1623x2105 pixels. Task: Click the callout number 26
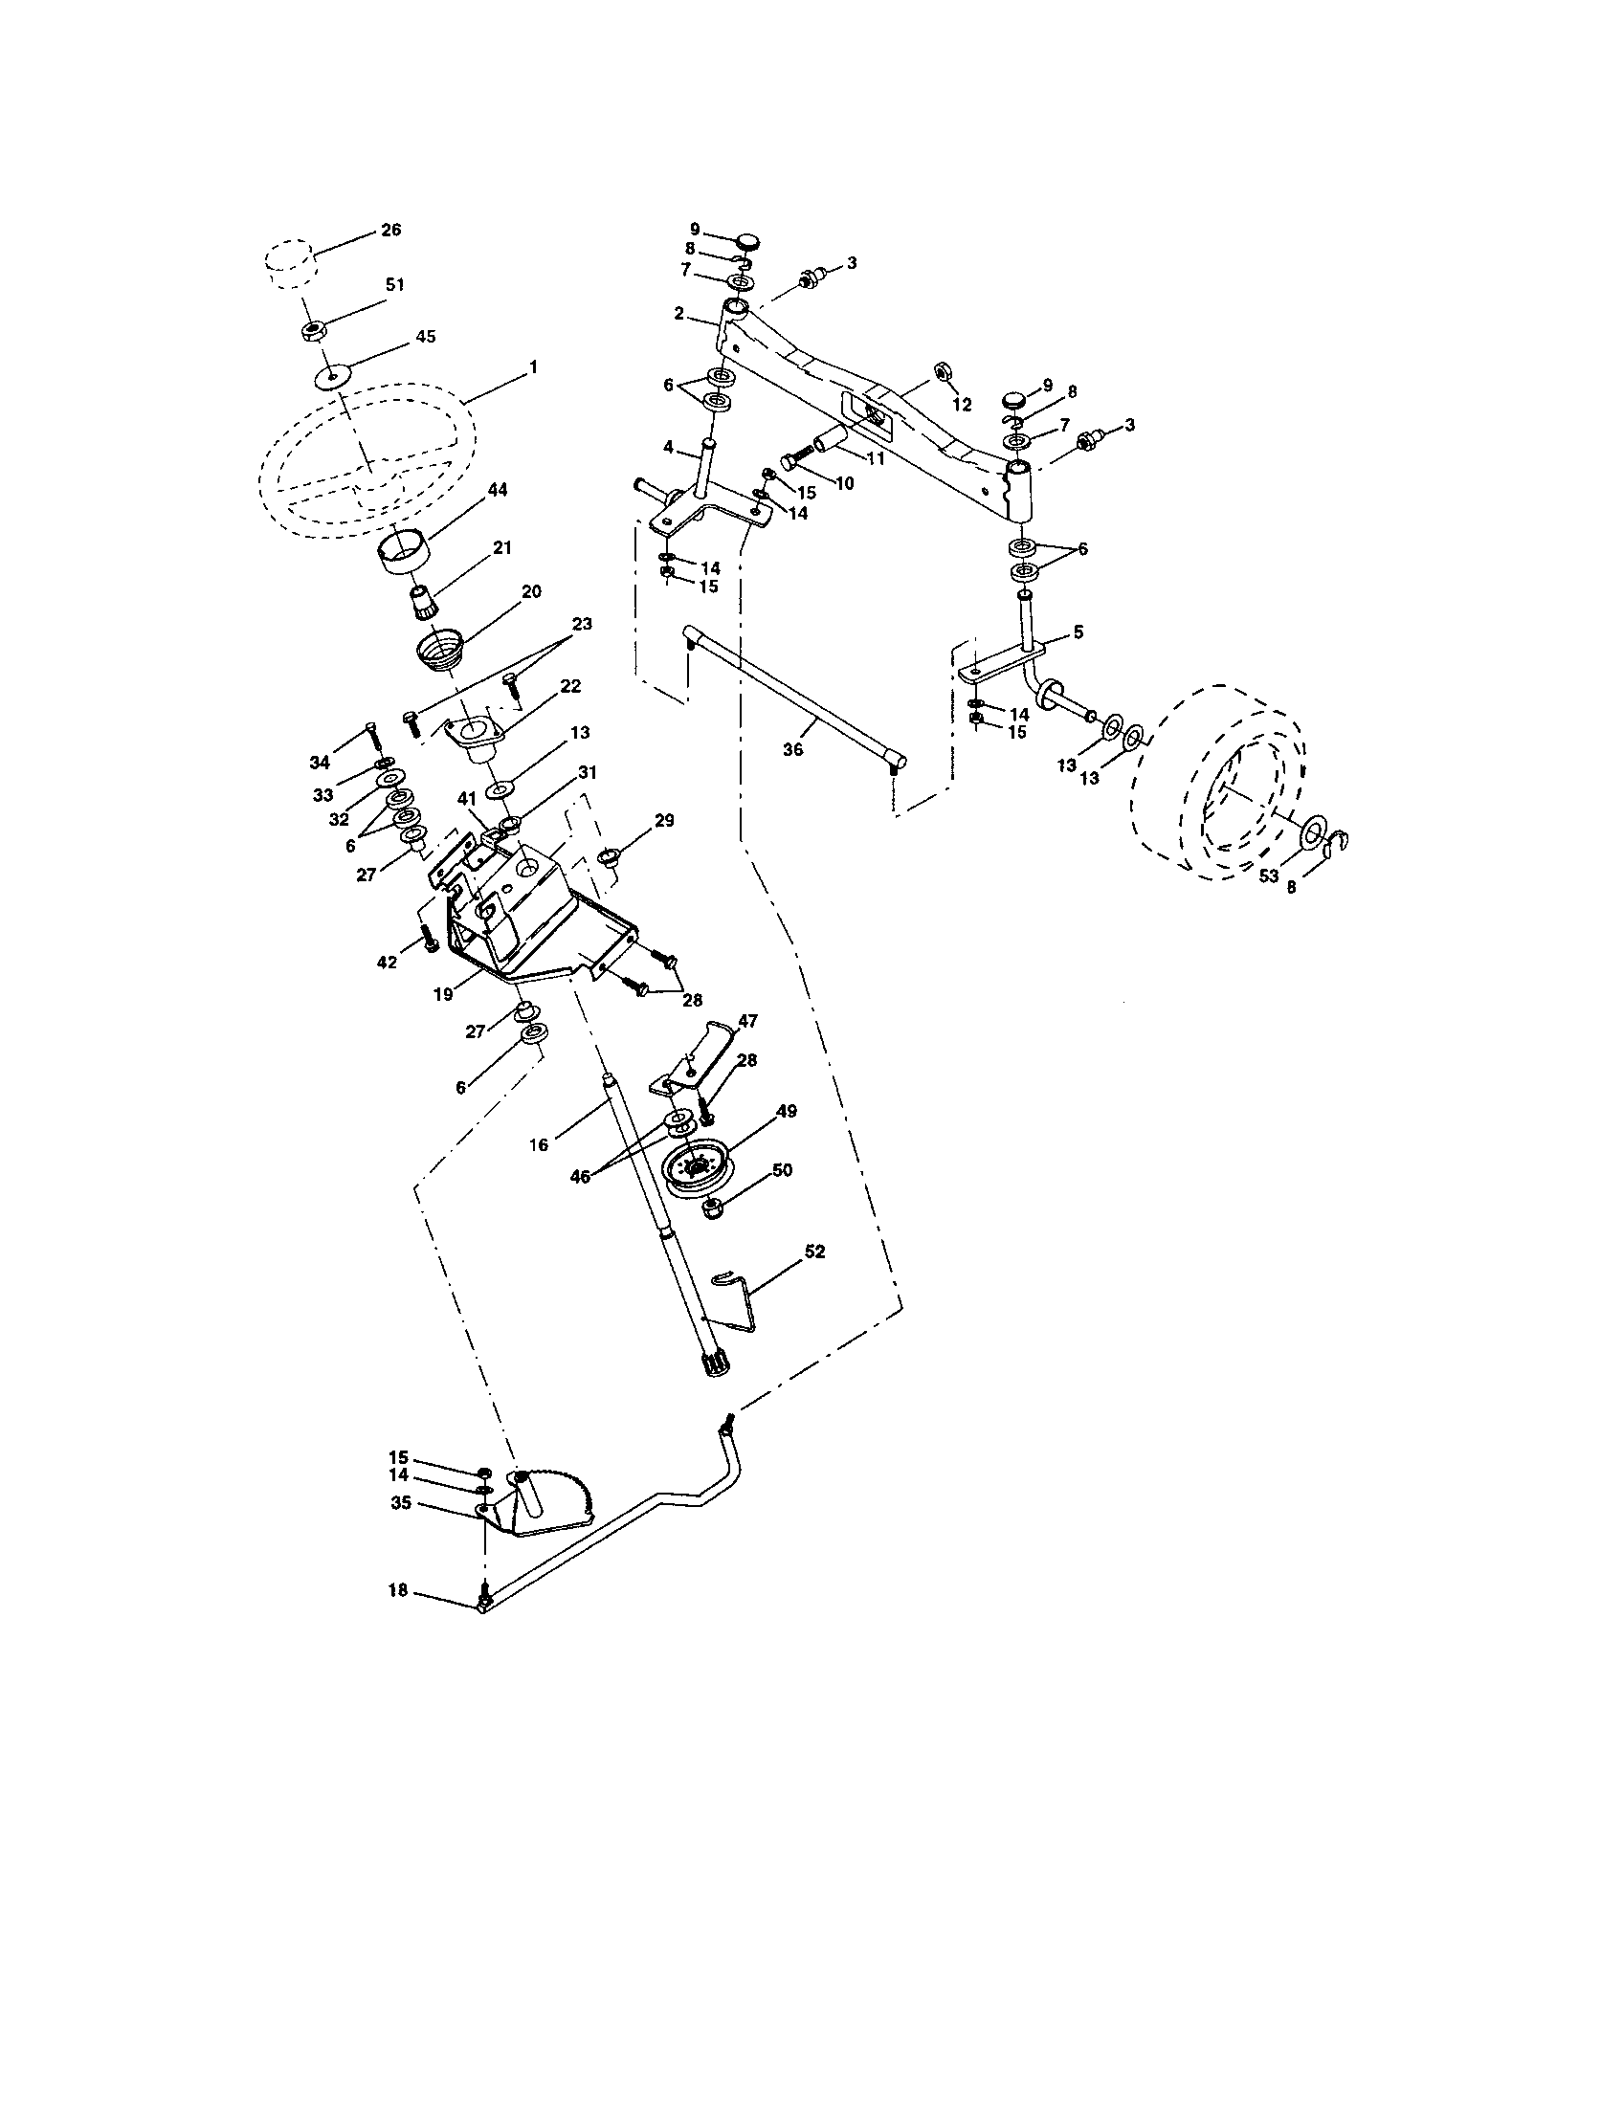click(x=391, y=230)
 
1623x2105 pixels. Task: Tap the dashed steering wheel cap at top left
click(x=289, y=266)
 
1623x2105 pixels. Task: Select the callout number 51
click(x=394, y=284)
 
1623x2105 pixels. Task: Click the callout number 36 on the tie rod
click(x=793, y=748)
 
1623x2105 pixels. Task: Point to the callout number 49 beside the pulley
click(x=786, y=1111)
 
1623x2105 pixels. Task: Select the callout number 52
click(x=814, y=1252)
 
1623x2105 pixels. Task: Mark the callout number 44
click(x=498, y=491)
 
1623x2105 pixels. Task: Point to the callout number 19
click(x=442, y=994)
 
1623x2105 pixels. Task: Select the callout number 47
click(x=748, y=1019)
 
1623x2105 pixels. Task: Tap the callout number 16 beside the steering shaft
click(x=539, y=1144)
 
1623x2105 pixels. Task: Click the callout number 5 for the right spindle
click(x=1078, y=632)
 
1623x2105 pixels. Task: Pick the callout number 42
click(x=388, y=961)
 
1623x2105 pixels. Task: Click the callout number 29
click(x=664, y=820)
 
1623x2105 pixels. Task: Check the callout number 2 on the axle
click(x=678, y=313)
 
